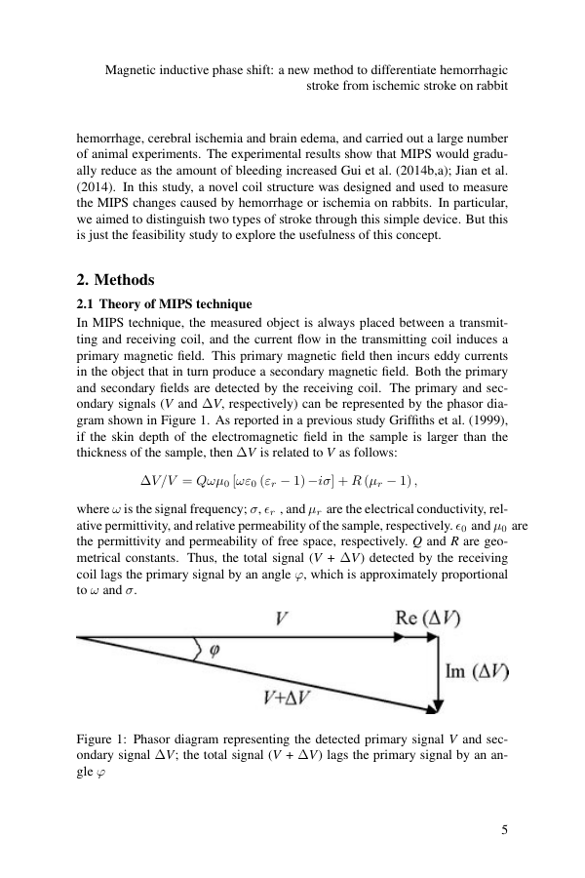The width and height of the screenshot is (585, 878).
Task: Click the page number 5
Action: coord(503,830)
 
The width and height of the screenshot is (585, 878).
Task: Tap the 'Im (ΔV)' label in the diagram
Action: coord(477,671)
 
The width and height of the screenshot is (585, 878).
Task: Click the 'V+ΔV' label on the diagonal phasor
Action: coord(288,697)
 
